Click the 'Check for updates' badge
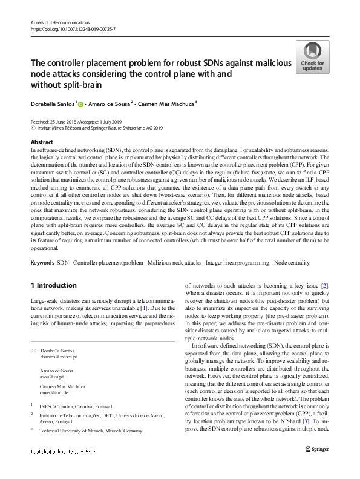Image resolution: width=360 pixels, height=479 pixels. [312, 57]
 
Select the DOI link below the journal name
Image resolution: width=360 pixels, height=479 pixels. [73, 29]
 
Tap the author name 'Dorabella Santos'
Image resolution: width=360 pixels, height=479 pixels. [53, 104]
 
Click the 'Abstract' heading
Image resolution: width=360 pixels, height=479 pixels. [42, 142]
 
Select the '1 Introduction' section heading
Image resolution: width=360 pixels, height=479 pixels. [54, 285]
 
